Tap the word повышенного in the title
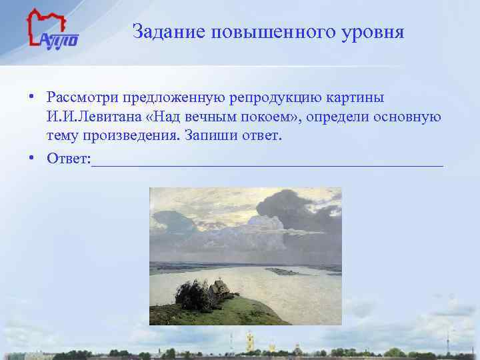[273, 32]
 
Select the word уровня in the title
[374, 32]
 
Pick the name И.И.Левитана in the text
[93, 118]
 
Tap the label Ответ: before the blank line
[69, 159]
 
